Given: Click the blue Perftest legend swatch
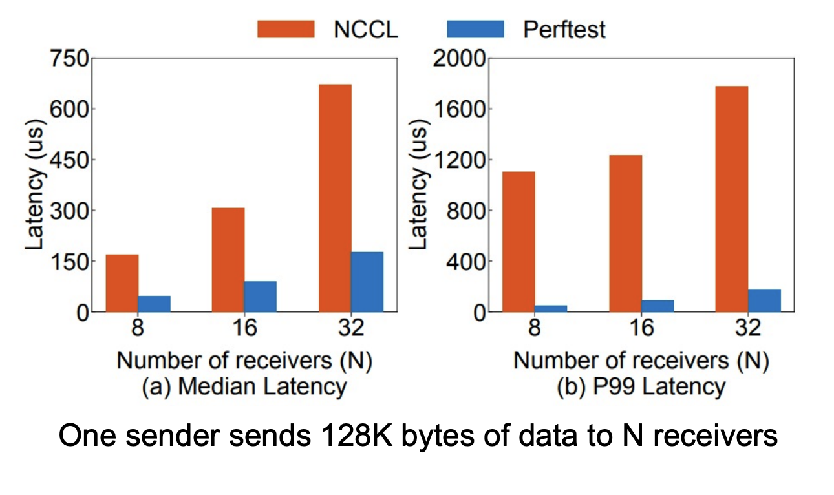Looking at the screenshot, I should pos(475,29).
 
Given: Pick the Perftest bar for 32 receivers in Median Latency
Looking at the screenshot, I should pos(367,282).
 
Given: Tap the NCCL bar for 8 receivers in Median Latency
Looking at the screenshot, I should pos(122,283).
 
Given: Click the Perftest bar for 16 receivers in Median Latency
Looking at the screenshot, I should pos(260,297).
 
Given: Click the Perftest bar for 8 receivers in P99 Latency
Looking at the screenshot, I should pos(551,308).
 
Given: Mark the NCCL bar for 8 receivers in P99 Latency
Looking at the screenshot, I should pos(519,242).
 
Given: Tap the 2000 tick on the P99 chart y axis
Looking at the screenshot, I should pos(457,59).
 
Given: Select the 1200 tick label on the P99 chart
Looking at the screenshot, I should pos(457,160).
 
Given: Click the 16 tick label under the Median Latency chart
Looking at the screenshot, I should pos(244,329).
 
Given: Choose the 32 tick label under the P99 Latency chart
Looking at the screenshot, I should pos(748,329).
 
